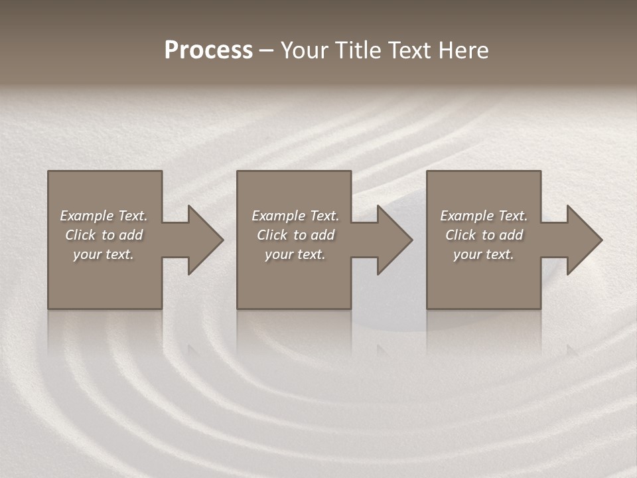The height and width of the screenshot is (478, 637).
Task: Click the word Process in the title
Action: tap(208, 50)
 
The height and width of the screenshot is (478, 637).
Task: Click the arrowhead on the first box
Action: tap(202, 240)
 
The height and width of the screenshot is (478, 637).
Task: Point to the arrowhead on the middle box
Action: tap(392, 240)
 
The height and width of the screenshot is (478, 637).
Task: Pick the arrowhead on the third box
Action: tap(582, 240)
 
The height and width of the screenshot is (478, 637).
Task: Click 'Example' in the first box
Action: tap(87, 216)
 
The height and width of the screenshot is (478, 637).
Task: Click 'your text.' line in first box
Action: tap(104, 254)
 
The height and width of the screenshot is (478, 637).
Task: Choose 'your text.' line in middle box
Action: tap(295, 254)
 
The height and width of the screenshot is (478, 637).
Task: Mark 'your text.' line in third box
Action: tap(484, 254)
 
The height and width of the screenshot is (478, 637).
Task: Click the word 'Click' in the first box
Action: tap(80, 235)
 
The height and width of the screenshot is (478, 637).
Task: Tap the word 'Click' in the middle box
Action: tap(271, 235)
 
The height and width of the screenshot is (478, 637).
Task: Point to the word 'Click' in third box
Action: tap(460, 235)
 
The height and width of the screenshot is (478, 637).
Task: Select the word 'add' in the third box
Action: tap(511, 235)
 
